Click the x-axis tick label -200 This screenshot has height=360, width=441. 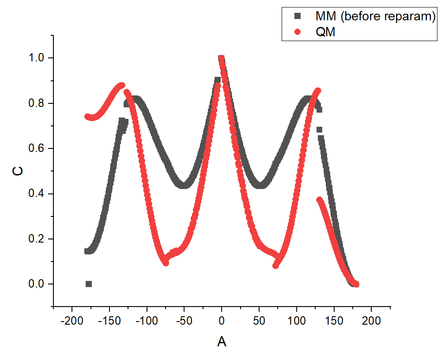pyautogui.click(x=71, y=320)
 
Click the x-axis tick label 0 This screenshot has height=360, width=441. pyautogui.click(x=222, y=320)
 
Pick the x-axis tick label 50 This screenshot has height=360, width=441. pyautogui.click(x=259, y=320)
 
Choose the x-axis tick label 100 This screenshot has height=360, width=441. pyautogui.click(x=296, y=320)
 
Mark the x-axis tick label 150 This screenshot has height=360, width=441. pyautogui.click(x=334, y=320)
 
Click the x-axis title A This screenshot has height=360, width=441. pyautogui.click(x=222, y=341)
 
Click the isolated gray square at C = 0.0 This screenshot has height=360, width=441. pyautogui.click(x=89, y=284)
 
